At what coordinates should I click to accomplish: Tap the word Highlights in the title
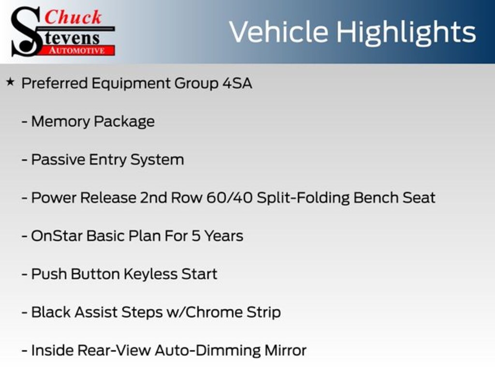[406, 32]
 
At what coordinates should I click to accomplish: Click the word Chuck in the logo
[73, 17]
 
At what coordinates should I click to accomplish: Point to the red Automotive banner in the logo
[80, 50]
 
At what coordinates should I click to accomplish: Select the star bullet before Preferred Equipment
[10, 82]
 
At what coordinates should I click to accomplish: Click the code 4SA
[237, 83]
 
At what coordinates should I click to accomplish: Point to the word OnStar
[57, 236]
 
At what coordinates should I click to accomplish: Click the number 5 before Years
[196, 236]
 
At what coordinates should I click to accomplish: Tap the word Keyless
[150, 274]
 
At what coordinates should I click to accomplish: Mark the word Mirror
[284, 350]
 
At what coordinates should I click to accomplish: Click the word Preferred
[55, 83]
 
